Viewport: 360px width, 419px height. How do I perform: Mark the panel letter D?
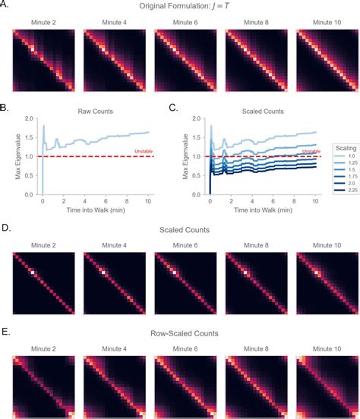pos(5,226)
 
